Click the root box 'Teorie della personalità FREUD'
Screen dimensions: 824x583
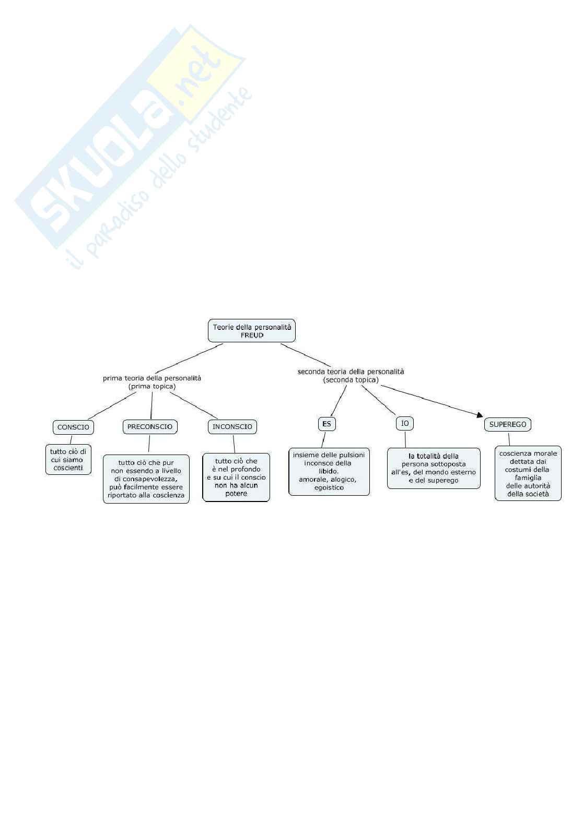coord(252,331)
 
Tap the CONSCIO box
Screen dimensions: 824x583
coord(73,427)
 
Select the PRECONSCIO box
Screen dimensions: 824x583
coord(150,426)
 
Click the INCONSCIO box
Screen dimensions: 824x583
coord(232,426)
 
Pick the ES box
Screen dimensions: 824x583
coord(327,424)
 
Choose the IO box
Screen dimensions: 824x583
coord(405,423)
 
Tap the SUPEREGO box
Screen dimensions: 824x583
coord(508,424)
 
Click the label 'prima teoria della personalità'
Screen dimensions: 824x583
coord(152,378)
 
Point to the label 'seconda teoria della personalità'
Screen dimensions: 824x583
coord(351,372)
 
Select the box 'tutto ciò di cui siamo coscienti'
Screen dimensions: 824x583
coord(68,459)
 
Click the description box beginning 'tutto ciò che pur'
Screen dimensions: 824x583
coord(146,479)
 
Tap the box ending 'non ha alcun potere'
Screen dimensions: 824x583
coord(236,477)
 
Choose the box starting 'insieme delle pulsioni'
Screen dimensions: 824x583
coord(329,471)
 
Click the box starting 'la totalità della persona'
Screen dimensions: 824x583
coord(434,468)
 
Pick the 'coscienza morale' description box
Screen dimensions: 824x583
coord(528,473)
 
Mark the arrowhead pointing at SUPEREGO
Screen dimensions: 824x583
coord(480,415)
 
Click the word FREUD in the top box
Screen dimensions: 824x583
coord(252,336)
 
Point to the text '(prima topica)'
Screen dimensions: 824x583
coord(152,387)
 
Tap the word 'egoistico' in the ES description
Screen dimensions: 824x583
coord(329,487)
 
